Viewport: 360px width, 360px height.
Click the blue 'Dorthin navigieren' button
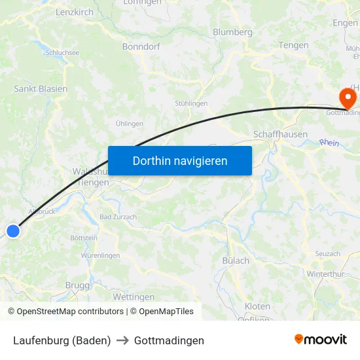(x=180, y=160)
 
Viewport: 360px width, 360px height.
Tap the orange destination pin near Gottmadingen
(x=347, y=99)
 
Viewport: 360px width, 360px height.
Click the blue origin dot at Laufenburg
(x=13, y=230)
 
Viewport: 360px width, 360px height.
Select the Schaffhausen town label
(x=280, y=134)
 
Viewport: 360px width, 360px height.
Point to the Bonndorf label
(x=141, y=46)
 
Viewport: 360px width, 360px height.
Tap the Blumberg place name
(x=232, y=32)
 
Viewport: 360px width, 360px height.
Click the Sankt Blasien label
(x=41, y=88)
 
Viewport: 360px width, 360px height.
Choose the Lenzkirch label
(x=75, y=12)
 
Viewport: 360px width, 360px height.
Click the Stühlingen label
(x=191, y=103)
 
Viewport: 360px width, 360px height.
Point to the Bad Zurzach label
(x=118, y=217)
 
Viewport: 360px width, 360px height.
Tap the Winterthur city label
(x=325, y=274)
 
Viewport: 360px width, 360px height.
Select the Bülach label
(x=236, y=261)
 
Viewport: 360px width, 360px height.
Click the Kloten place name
(x=257, y=306)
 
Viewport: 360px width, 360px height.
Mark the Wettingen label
(x=134, y=297)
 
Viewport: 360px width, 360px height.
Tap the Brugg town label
(x=77, y=285)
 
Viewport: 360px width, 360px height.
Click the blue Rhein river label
(x=329, y=142)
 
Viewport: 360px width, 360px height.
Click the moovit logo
(x=321, y=340)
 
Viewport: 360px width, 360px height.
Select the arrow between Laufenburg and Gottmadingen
(x=122, y=341)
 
